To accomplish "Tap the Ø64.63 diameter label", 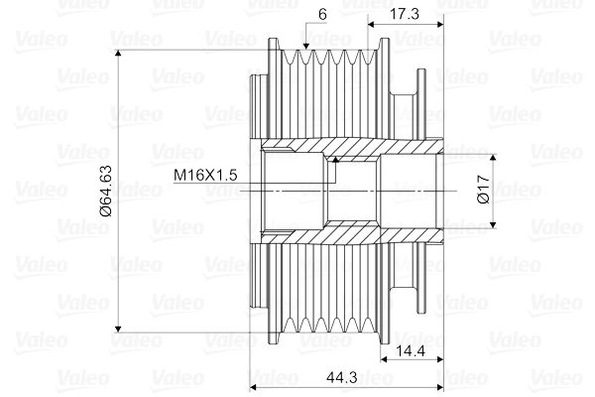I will (x=105, y=189).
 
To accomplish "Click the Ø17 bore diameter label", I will (x=481, y=189).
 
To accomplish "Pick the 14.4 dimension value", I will (x=411, y=350).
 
